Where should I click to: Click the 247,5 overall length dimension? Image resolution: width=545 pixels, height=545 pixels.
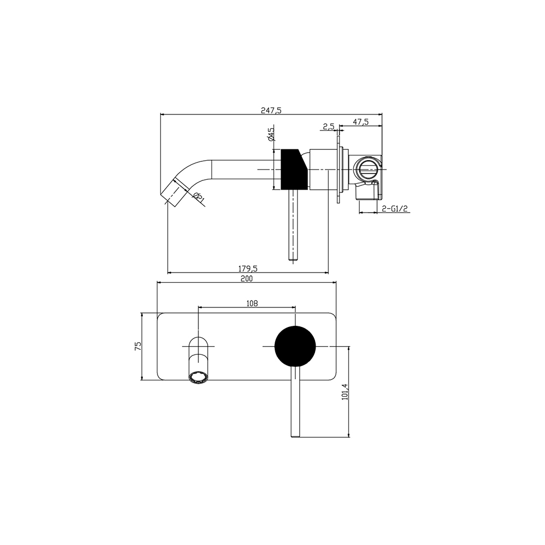(x=271, y=110)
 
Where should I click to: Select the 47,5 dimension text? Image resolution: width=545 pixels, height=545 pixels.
(x=361, y=122)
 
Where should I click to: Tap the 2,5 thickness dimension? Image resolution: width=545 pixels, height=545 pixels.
(x=329, y=126)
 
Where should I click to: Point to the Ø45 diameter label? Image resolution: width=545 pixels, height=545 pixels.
(x=271, y=135)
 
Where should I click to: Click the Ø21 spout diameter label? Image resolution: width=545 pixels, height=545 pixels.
(x=198, y=197)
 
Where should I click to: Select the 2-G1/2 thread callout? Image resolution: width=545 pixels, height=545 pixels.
(x=395, y=209)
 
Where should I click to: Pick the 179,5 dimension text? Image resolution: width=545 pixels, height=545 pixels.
(x=247, y=269)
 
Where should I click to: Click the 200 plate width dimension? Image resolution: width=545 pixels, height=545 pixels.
(x=247, y=278)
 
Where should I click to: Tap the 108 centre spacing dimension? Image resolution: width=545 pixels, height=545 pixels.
(x=252, y=304)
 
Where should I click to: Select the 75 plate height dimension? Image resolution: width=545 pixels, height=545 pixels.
(x=138, y=346)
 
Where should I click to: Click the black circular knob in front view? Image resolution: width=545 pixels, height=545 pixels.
(x=295, y=346)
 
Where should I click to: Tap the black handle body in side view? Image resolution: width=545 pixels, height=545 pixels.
(x=294, y=169)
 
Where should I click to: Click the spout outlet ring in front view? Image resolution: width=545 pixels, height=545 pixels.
(x=198, y=378)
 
